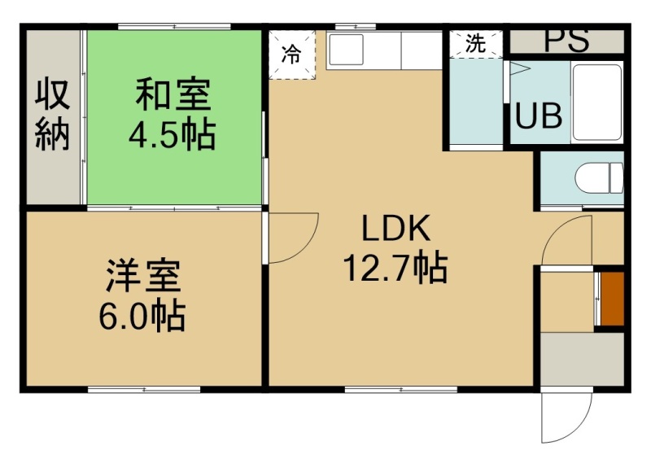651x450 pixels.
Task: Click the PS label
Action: [x=566, y=39]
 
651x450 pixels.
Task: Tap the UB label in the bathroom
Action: [x=539, y=115]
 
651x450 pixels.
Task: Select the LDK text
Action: [x=396, y=228]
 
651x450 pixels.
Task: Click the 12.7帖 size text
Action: [x=395, y=268]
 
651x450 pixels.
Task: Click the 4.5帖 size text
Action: [x=173, y=134]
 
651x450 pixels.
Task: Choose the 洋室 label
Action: [x=143, y=275]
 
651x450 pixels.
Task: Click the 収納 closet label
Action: [x=52, y=115]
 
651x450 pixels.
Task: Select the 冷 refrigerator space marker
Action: [x=291, y=54]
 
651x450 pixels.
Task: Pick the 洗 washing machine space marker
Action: [x=475, y=43]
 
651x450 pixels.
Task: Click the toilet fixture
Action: [x=599, y=177]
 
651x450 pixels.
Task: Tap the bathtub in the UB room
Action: [x=597, y=102]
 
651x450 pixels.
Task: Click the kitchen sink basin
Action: [x=346, y=50]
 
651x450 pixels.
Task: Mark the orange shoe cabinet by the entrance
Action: [x=613, y=299]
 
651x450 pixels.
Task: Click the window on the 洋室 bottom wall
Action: [x=144, y=390]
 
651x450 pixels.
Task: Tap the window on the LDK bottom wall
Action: [x=401, y=390]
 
